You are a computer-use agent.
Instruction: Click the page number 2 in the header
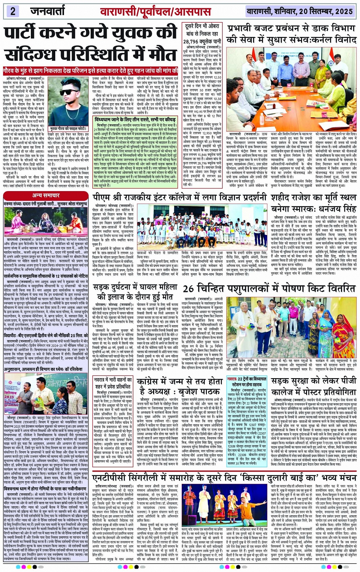[x=13, y=11]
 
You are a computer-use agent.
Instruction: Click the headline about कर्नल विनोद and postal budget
[x=291, y=34]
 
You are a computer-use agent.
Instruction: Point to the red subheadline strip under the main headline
[x=90, y=70]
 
